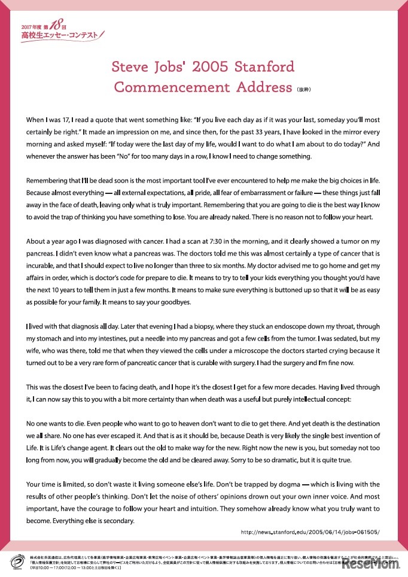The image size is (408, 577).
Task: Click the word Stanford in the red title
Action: [x=261, y=66]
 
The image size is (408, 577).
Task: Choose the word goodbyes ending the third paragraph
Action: [x=175, y=302]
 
